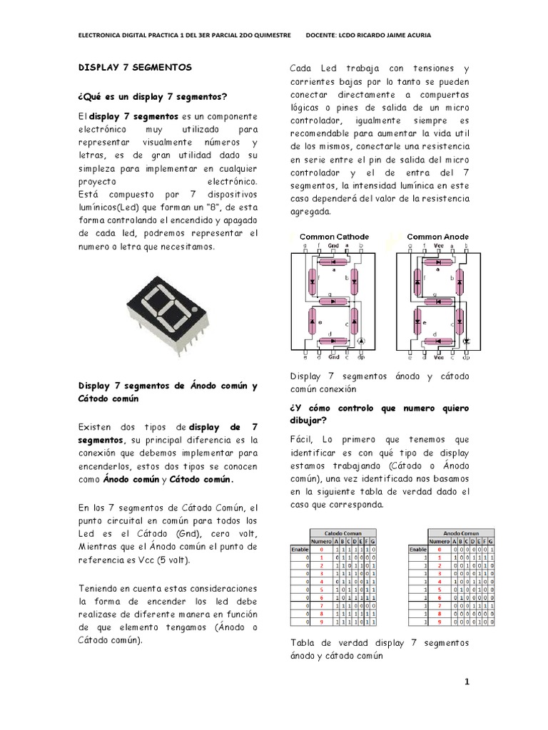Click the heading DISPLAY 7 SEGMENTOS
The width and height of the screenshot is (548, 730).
135,66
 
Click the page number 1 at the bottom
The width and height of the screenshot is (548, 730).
467,683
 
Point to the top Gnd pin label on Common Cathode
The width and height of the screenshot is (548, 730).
333,245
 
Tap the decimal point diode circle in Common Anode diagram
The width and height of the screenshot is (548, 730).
467,342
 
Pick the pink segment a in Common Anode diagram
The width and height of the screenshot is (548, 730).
437,262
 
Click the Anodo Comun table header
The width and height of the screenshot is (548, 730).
460,533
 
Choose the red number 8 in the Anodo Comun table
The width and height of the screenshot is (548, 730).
440,613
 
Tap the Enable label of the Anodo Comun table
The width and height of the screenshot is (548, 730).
416,550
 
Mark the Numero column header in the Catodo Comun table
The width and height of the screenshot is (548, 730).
322,541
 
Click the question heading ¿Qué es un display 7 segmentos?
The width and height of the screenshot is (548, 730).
152,96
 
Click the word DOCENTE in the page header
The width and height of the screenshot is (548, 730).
323,36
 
